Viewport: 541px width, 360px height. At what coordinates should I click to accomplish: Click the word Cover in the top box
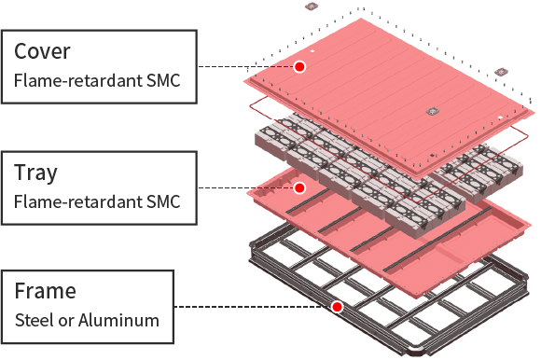coord(43,49)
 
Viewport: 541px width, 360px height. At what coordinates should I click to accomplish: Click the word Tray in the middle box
coord(36,173)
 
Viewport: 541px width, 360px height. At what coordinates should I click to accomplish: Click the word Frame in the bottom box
coord(45,291)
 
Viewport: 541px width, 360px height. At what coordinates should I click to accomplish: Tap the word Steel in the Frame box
coord(34,320)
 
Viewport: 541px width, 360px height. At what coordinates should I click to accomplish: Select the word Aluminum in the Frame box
coord(119,320)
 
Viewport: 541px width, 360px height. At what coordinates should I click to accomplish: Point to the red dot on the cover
coord(299,66)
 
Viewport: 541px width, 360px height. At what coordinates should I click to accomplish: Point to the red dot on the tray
coord(299,188)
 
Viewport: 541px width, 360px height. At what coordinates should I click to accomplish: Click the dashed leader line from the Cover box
coord(243,66)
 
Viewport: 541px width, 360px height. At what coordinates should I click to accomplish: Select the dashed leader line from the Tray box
coord(243,188)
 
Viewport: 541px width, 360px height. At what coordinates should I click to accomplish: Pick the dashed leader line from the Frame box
coord(252,306)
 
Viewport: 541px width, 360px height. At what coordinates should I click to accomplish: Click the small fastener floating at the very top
coord(312,7)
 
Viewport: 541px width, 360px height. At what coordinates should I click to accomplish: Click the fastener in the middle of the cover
coord(431,111)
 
